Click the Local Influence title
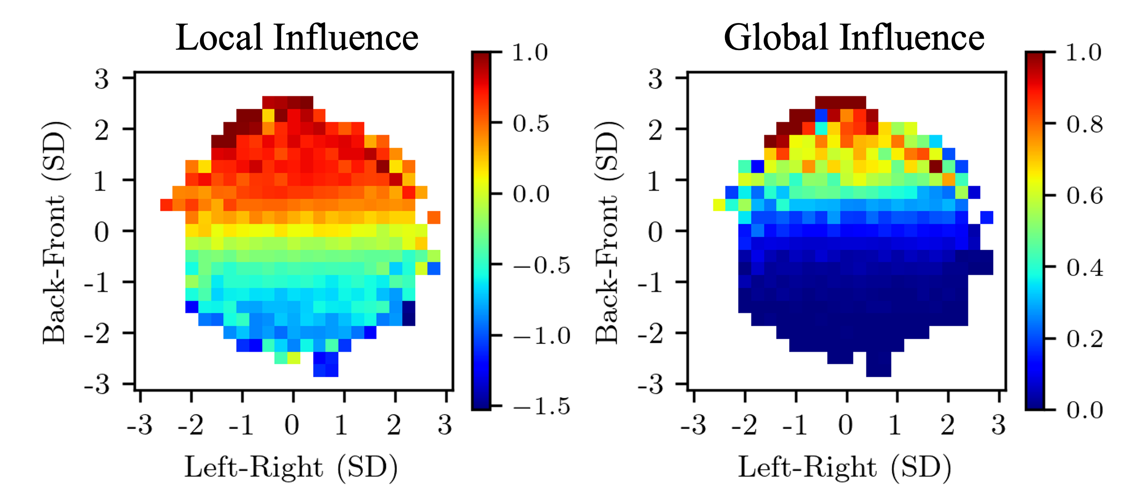(x=297, y=37)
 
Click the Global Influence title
(x=853, y=37)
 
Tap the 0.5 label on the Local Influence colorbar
(x=531, y=124)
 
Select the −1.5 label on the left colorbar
(x=541, y=406)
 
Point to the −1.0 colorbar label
(x=541, y=336)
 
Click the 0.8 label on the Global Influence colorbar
(x=1084, y=124)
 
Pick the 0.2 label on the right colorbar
(x=1084, y=339)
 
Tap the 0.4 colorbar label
(x=1084, y=268)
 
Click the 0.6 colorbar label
(x=1084, y=196)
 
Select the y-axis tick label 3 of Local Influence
(x=101, y=79)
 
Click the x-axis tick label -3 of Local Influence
(x=140, y=425)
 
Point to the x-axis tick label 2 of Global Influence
(x=948, y=425)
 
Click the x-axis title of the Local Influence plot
(x=291, y=468)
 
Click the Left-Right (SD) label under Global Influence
(x=845, y=468)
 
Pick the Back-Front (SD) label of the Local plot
(x=55, y=232)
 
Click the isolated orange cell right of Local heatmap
(x=434, y=217)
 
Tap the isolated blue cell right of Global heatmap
(x=987, y=217)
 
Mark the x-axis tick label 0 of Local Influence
(x=292, y=425)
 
